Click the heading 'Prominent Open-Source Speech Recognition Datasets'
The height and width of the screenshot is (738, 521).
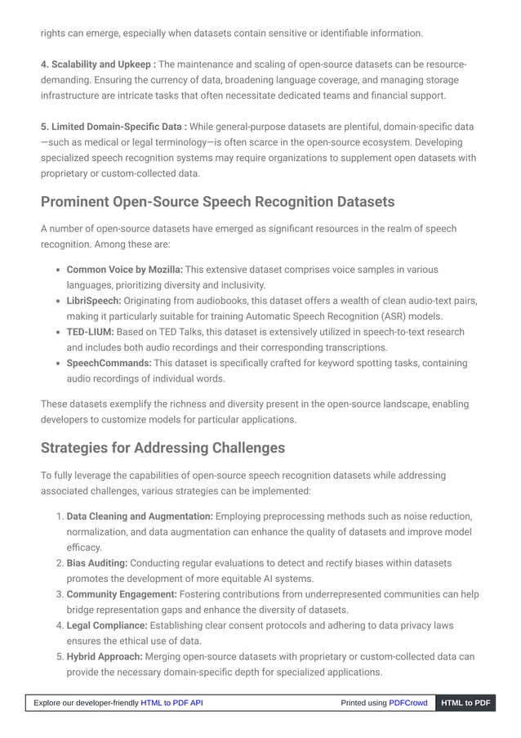tap(217, 201)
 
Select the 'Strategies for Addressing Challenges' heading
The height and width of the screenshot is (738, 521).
tap(163, 448)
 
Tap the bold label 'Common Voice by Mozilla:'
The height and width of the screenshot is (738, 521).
tap(124, 270)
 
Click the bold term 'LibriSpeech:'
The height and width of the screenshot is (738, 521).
tap(93, 301)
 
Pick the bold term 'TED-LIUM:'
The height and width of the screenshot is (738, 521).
tap(90, 332)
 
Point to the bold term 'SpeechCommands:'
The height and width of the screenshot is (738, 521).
tap(109, 363)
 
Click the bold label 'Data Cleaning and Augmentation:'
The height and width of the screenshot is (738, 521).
tap(140, 517)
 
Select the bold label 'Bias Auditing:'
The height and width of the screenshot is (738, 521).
tap(96, 563)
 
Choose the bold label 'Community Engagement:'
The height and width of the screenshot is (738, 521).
tap(122, 594)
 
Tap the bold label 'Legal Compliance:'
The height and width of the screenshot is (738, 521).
tap(107, 625)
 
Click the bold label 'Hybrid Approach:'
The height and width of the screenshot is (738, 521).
tap(105, 656)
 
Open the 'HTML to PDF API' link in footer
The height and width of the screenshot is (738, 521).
tap(171, 703)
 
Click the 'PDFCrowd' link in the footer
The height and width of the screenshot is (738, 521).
tap(407, 703)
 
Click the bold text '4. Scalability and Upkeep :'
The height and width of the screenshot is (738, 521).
tap(98, 65)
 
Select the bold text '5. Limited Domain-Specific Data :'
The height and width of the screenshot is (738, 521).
tap(114, 127)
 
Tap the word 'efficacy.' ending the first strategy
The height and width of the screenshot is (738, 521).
tap(84, 548)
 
